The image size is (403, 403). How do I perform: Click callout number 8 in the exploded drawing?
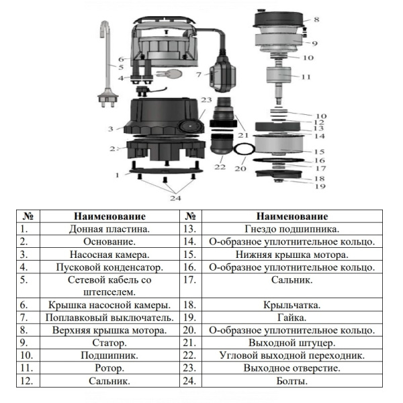pyautogui.click(x=316, y=20)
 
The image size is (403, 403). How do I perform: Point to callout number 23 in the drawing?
pyautogui.click(x=208, y=99)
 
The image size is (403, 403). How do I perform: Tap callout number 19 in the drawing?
pyautogui.click(x=320, y=186)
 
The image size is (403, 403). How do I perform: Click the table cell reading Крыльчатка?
pyautogui.click(x=292, y=304)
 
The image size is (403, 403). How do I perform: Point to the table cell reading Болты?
pyautogui.click(x=292, y=381)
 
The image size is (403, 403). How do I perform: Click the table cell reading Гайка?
pyautogui.click(x=292, y=317)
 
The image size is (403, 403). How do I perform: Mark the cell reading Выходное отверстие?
pyautogui.click(x=292, y=367)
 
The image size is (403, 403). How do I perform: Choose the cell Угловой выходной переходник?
pyautogui.click(x=292, y=355)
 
